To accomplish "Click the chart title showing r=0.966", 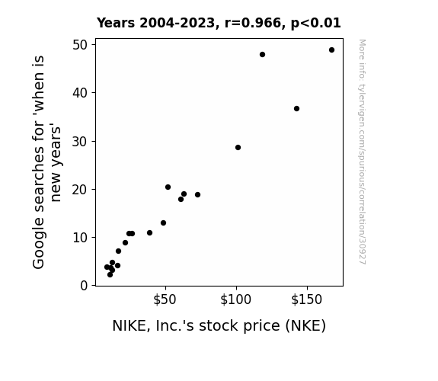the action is pos(219,23).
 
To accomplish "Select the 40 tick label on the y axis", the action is pos(80,93).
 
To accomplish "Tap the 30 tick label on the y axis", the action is pos(80,142).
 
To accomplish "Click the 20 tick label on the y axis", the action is pos(80,190).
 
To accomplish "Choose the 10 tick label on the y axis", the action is pos(80,238).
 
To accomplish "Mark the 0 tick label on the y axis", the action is pos(84,286).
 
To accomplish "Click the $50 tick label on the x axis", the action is pos(165,299).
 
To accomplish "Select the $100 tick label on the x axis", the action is pos(236,299).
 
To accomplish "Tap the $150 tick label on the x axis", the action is pos(307,299).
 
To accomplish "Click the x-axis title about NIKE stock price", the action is pos(219,325).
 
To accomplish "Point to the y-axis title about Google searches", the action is pos(46,162).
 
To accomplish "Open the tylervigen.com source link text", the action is pos(362,152).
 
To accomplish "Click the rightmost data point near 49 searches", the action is pos(331,50).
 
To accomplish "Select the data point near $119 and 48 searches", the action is pos(262,55).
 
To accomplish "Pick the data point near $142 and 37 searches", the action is pos(296,108).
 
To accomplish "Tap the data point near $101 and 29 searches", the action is pos(238,147).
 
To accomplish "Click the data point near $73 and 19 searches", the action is pos(198,194).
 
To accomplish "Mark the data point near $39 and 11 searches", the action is pos(150,232).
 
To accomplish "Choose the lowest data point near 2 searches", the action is pos(110,275).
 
